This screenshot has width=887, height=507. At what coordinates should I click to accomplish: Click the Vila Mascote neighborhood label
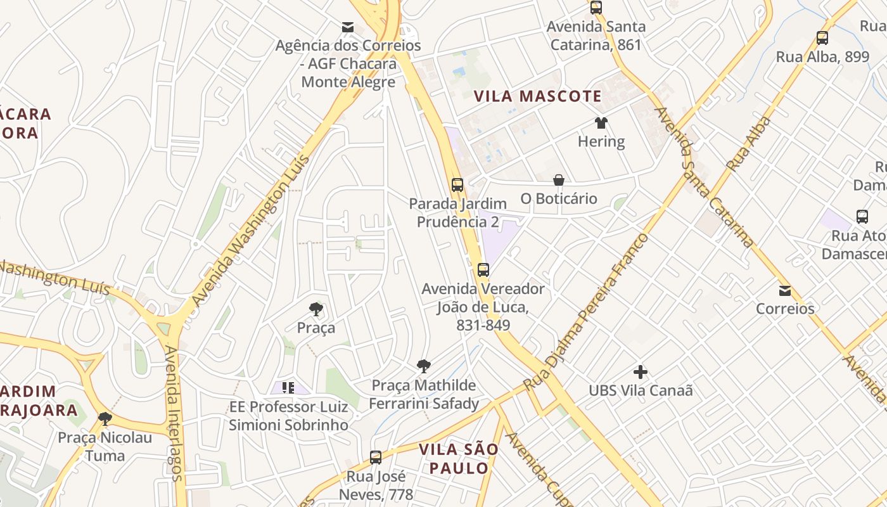(538, 96)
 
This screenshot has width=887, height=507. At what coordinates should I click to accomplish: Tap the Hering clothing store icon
(601, 123)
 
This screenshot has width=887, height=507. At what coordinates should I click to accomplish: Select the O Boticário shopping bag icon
(558, 181)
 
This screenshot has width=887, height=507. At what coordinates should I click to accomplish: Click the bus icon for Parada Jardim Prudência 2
(457, 185)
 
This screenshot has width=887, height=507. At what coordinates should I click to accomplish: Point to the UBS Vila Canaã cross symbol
(641, 372)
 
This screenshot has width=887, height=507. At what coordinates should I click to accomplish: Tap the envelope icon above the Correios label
(785, 291)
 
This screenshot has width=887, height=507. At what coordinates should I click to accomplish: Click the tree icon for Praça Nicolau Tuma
(105, 419)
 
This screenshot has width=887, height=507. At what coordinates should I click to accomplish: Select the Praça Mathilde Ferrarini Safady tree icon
(424, 366)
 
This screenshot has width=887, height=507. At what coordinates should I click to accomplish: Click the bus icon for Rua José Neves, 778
(376, 457)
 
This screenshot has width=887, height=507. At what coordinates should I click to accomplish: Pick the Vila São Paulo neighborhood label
(458, 459)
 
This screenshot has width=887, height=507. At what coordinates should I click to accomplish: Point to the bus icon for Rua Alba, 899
(822, 38)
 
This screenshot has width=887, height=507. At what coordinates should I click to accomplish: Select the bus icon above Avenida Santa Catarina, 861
(596, 8)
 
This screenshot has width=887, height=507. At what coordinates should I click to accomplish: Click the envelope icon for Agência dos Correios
(348, 27)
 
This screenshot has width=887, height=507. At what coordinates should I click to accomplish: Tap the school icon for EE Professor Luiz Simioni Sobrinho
(288, 387)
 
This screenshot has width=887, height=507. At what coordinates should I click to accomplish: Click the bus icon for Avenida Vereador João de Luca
(483, 270)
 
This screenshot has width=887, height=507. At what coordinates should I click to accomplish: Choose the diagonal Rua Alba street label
(750, 144)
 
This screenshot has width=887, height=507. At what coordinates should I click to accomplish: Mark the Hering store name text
(601, 141)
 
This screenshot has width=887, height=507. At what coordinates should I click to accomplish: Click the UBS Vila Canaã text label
(641, 390)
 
